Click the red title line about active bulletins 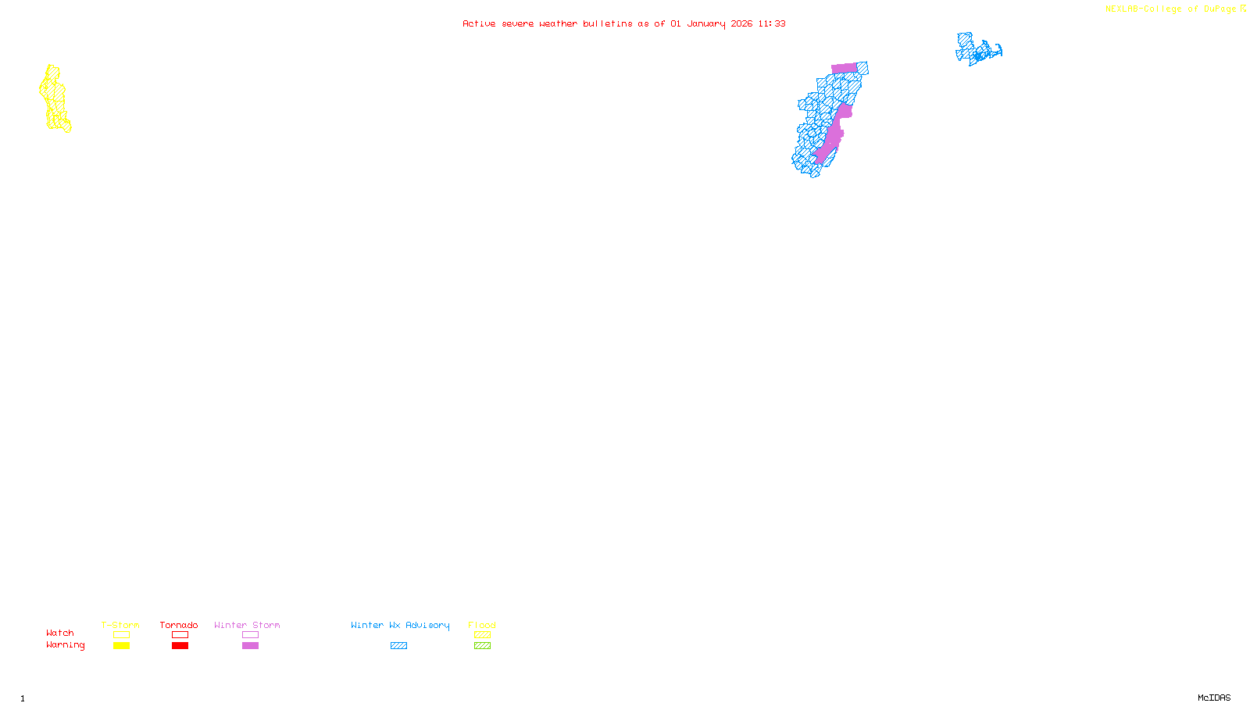pyautogui.click(x=623, y=23)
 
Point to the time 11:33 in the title pyautogui.click(x=772, y=23)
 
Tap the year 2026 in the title pyautogui.click(x=741, y=23)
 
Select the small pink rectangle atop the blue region pyautogui.click(x=844, y=68)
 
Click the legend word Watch pyautogui.click(x=60, y=633)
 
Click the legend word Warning pyautogui.click(x=65, y=645)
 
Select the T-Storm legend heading pyautogui.click(x=120, y=625)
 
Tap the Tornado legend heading pyautogui.click(x=179, y=625)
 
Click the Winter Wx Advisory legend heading pyautogui.click(x=400, y=625)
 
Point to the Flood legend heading pyautogui.click(x=482, y=625)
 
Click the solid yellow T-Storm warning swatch pyautogui.click(x=121, y=646)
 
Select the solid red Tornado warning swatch pyautogui.click(x=180, y=646)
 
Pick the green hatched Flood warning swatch pyautogui.click(x=482, y=646)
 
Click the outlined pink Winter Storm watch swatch pyautogui.click(x=250, y=635)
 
